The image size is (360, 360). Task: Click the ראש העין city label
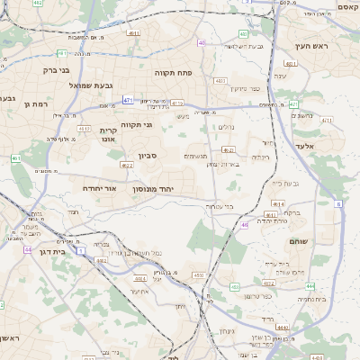(x=315, y=45)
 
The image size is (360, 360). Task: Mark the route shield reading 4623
(x=229, y=149)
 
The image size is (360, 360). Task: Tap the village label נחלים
(x=226, y=127)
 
